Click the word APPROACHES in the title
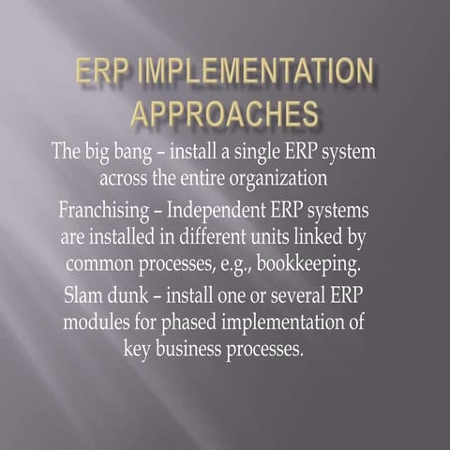pos(224,114)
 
